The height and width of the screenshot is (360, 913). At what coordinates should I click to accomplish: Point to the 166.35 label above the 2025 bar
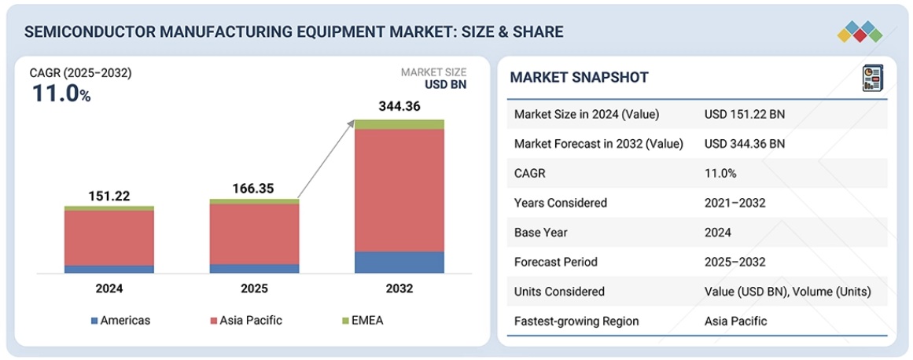254,189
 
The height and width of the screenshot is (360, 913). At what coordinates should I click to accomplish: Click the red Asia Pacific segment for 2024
109,238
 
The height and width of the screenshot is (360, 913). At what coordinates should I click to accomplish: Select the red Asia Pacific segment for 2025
254,234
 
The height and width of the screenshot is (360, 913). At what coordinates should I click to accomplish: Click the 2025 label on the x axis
254,288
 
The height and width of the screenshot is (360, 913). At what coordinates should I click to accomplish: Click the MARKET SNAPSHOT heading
579,77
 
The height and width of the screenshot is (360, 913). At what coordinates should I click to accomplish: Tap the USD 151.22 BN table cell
744,114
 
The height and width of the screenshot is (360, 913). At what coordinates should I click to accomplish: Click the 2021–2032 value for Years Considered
734,203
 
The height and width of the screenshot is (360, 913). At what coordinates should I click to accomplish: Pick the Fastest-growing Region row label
576,321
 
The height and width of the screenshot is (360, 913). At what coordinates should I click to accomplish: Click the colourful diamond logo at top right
860,31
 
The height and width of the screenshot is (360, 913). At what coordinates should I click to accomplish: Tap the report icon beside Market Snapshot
872,77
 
